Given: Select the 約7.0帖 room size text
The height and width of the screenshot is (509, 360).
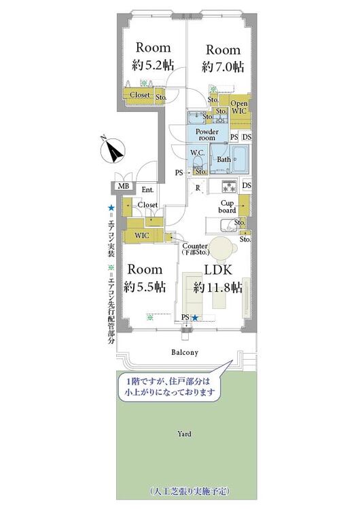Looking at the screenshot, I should tap(223, 67).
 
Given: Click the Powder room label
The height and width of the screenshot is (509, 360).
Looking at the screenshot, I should tap(206, 134).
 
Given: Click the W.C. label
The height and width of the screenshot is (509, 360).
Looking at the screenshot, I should tap(198, 153).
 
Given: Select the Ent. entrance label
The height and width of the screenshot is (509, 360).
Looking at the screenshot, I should tap(147, 190).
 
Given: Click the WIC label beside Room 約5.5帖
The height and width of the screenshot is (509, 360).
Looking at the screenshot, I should tap(141, 235).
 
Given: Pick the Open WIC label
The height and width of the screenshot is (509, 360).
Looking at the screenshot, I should tap(240, 107).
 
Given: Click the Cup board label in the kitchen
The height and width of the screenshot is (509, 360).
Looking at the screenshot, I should tap(228, 206).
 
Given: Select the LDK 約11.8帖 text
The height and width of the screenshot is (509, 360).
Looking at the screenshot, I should tap(217, 278).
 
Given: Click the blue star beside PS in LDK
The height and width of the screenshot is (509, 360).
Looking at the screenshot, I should tap(195, 318).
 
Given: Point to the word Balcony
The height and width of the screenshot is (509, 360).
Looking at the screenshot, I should tap(184, 352).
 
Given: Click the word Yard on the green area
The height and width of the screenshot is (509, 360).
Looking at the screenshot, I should tap(184, 434).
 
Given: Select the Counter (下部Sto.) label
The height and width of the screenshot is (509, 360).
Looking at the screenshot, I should tap(195, 248).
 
